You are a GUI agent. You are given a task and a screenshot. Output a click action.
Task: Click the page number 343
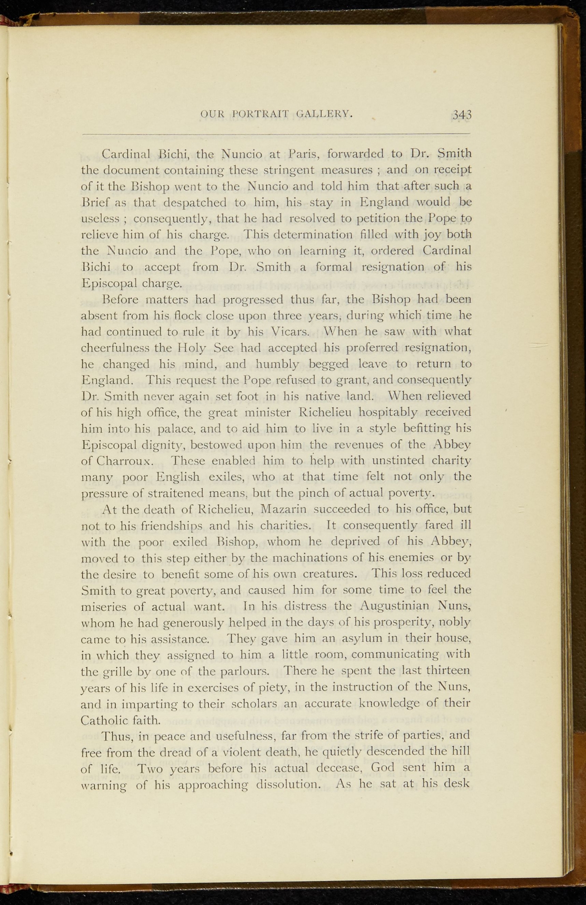(x=462, y=115)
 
